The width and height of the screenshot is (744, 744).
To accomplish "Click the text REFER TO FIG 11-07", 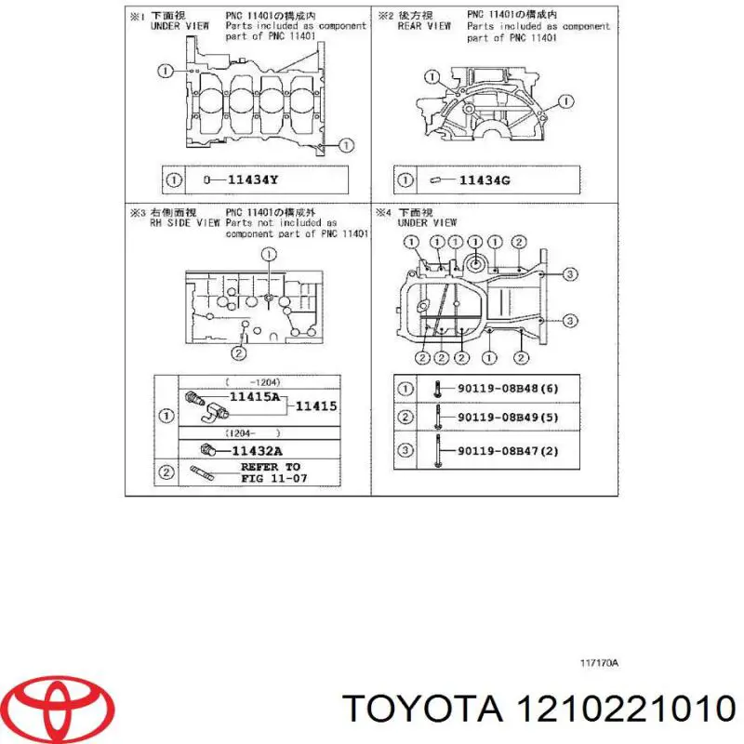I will click(x=271, y=472).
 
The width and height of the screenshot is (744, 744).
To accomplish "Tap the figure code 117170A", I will click(x=599, y=663).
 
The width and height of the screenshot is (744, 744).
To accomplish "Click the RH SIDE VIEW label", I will click(x=185, y=223).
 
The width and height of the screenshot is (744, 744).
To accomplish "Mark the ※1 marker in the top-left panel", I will click(x=138, y=15).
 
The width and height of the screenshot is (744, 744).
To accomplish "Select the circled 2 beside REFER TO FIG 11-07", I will click(x=166, y=472).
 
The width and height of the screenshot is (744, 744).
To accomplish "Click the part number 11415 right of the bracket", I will click(x=316, y=405).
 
